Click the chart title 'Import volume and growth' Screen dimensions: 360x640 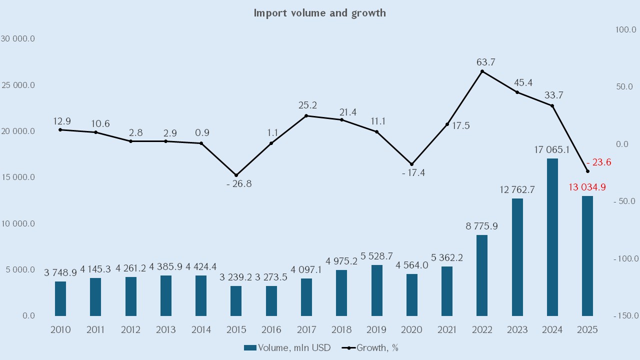coord(319,13)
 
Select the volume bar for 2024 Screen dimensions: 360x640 coord(552,237)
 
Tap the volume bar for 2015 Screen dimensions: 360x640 coord(236,301)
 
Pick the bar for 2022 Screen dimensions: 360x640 coord(482,275)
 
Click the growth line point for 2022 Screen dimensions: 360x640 coord(482,71)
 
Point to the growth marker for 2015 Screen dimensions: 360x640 coord(236,175)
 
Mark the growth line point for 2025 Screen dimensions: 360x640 coord(587,171)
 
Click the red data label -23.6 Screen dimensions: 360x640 coord(598,162)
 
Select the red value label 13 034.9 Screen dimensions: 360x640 coord(587,187)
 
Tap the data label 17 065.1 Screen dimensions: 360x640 coord(552,149)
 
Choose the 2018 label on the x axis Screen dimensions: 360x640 coord(341,330)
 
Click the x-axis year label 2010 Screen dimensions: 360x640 coord(60,330)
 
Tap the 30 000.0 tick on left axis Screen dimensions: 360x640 coord(18,39)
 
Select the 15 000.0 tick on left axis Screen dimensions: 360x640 coord(18,177)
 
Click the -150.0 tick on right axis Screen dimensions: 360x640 coord(625,316)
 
